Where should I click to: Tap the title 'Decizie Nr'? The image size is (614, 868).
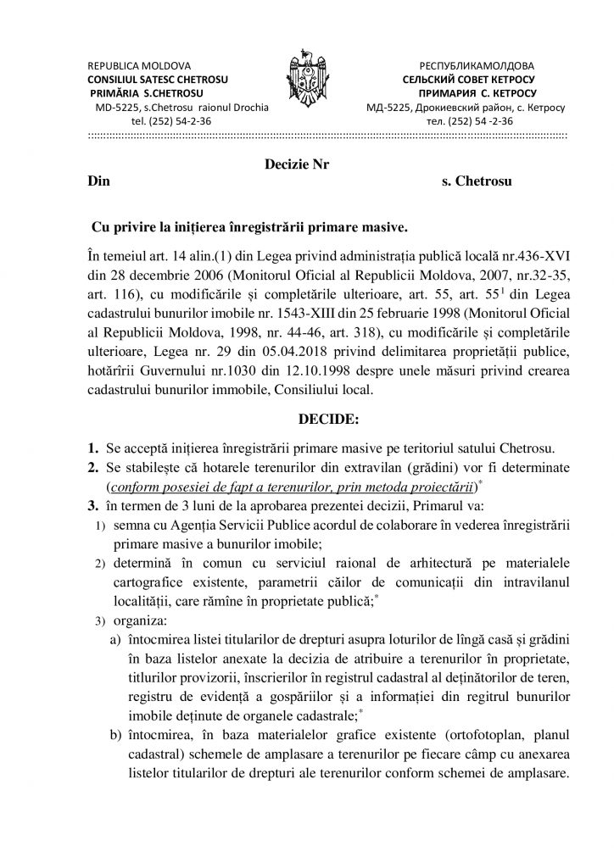pyautogui.click(x=291, y=165)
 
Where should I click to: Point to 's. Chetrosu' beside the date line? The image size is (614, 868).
pyautogui.click(x=477, y=182)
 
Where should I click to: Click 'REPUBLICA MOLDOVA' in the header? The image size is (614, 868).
pyautogui.click(x=140, y=65)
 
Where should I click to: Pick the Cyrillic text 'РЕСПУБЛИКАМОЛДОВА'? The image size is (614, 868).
pyautogui.click(x=477, y=65)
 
